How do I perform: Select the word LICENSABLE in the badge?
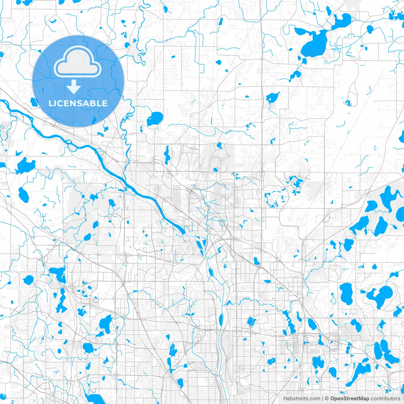point(78,103)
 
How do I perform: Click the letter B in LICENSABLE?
point(94,103)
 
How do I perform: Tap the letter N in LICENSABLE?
point(76,103)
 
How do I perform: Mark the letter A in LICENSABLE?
point(88,103)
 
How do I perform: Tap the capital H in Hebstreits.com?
point(285,399)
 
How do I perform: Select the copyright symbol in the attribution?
point(327,399)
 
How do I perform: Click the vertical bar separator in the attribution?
point(323,399)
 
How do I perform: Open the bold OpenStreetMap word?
point(350,399)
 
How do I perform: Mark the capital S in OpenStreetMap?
point(345,399)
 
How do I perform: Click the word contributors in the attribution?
point(385,399)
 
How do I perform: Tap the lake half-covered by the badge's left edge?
point(33,102)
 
